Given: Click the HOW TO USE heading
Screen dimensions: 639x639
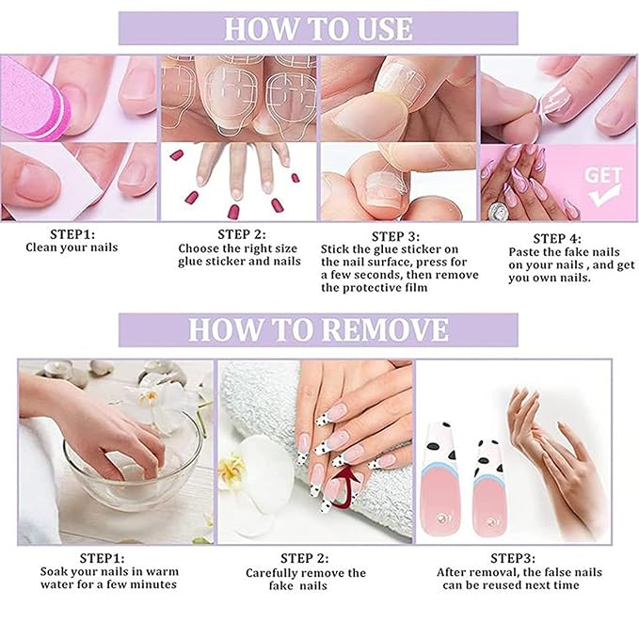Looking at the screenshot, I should point(318,28).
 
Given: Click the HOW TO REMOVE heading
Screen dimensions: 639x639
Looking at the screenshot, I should point(318,329).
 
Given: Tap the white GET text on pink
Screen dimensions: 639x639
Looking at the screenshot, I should point(602,175).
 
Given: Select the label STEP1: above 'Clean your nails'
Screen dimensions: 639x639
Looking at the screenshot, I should point(73,232).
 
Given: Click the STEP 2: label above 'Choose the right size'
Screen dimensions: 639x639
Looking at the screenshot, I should point(241,233).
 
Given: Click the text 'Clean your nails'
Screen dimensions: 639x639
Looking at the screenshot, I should point(73,248).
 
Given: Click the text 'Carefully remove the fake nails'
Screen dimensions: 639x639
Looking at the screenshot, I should point(306,579).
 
